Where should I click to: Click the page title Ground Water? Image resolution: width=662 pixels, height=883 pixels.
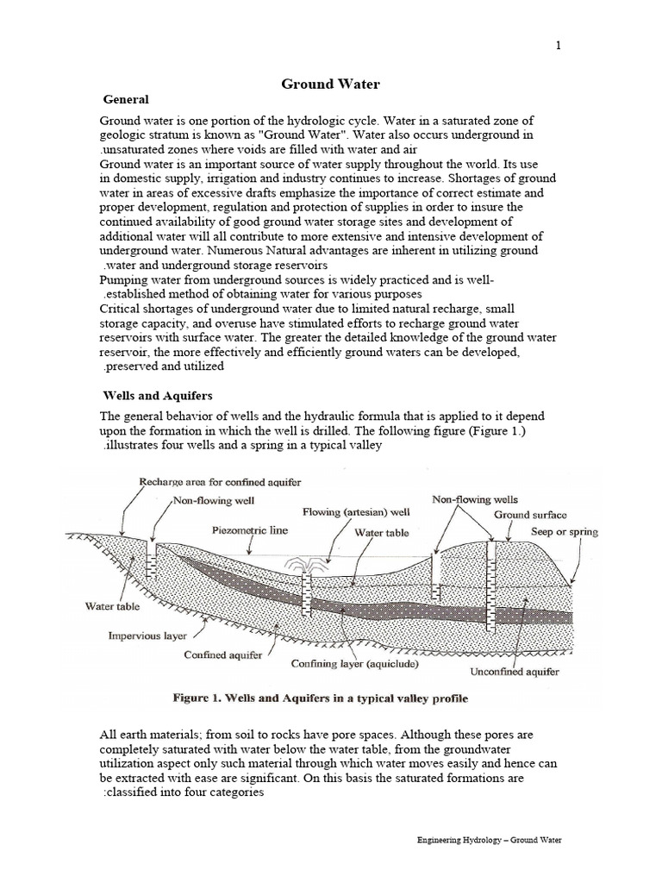pos(330,84)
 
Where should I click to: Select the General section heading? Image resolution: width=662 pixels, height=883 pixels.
pos(126,100)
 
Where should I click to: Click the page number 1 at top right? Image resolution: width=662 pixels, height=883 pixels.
pos(558,47)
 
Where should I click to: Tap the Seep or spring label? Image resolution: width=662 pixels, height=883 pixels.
pos(564,532)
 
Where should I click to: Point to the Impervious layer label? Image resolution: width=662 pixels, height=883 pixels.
pos(146,637)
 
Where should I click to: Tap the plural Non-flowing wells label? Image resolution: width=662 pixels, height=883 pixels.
pos(474,499)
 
